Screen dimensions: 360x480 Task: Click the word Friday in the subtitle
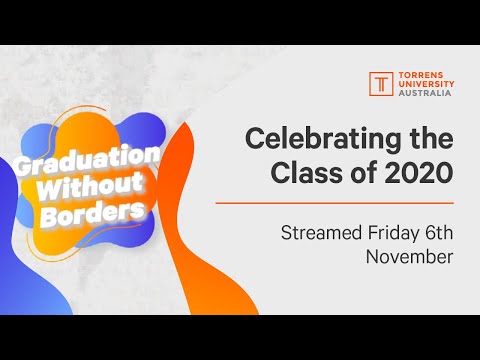394,233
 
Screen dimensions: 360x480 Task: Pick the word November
408,257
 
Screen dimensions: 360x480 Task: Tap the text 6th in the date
439,233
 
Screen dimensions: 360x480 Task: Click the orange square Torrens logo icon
381,82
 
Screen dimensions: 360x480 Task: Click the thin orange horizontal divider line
349,201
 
